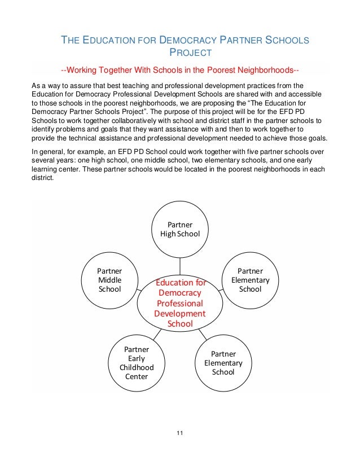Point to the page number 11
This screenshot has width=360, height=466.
(180, 433)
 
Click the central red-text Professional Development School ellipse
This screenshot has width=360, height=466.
(181, 303)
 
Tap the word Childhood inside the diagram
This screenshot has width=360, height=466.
(136, 367)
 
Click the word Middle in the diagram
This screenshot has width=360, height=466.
(110, 280)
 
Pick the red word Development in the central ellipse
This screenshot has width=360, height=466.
(181, 313)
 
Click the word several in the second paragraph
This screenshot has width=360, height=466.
(43, 161)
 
